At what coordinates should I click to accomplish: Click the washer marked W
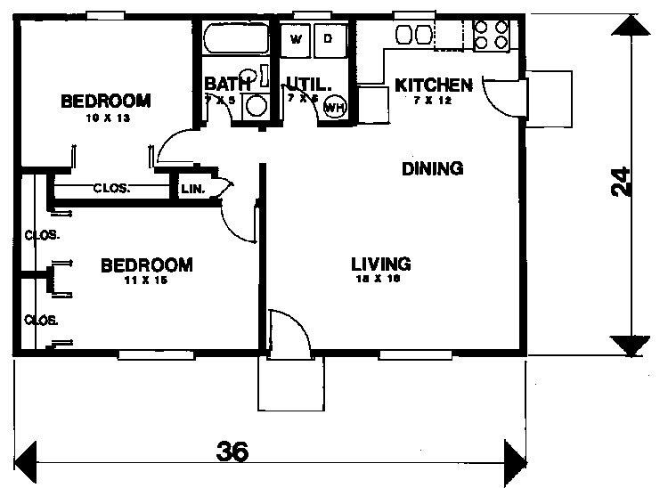(x=297, y=38)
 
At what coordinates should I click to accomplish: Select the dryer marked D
(x=329, y=38)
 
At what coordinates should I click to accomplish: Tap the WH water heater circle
(x=335, y=107)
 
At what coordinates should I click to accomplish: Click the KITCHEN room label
(x=433, y=85)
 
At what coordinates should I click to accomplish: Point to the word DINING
(x=432, y=168)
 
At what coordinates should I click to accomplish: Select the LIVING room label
(x=380, y=264)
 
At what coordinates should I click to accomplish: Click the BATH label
(x=222, y=85)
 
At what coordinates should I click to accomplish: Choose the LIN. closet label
(x=192, y=189)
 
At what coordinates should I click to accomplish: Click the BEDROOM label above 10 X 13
(x=105, y=101)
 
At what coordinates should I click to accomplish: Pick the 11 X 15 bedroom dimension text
(x=146, y=281)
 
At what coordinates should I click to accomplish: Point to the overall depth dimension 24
(x=623, y=183)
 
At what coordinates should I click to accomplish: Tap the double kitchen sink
(x=412, y=35)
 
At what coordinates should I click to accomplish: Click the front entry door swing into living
(x=288, y=334)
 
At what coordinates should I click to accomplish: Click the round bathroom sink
(x=257, y=104)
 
